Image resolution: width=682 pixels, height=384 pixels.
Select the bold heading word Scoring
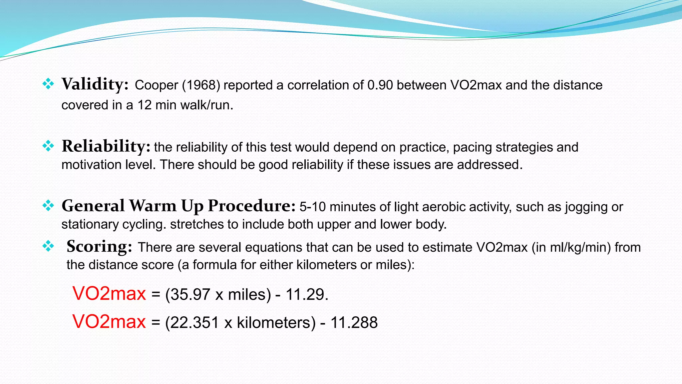[99, 247]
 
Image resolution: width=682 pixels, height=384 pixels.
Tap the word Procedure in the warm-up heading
[251, 206]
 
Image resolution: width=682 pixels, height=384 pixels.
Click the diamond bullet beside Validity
[48, 84]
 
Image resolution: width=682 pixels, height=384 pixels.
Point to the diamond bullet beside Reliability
[48, 146]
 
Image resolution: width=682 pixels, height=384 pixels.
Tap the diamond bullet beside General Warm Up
[48, 206]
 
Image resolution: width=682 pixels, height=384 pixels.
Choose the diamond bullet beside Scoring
[48, 246]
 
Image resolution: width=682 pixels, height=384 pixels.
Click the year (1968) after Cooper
[201, 85]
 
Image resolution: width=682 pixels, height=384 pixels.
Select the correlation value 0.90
[380, 85]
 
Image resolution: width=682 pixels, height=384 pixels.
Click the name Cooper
[157, 85]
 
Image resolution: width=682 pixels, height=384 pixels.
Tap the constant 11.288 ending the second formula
[354, 323]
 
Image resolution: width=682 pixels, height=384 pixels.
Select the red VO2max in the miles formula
[109, 294]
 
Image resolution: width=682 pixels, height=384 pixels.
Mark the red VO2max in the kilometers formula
[109, 322]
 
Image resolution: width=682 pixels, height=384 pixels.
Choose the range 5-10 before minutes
[312, 207]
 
